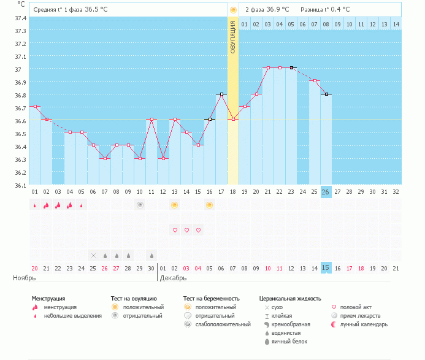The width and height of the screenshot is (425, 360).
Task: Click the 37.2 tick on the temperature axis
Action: [21, 44]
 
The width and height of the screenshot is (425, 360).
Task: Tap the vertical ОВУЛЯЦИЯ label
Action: [233, 37]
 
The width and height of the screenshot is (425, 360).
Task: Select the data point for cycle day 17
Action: [221, 94]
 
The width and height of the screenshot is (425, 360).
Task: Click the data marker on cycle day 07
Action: [105, 159]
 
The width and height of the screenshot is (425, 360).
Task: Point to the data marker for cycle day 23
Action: [291, 68]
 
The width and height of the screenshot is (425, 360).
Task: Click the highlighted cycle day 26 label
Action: [326, 192]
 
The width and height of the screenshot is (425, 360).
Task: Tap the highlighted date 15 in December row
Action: [326, 268]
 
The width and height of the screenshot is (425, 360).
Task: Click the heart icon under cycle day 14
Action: [186, 230]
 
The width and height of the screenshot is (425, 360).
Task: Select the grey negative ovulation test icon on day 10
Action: [140, 205]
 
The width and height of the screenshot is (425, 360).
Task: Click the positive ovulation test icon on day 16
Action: [209, 205]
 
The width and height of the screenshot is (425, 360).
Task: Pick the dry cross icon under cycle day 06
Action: [93, 255]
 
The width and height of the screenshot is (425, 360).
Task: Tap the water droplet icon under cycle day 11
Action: [152, 255]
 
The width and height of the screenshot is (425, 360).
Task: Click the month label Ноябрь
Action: [25, 278]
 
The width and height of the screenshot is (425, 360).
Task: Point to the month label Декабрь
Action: [173, 278]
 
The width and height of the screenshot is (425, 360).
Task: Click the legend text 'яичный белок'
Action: [289, 342]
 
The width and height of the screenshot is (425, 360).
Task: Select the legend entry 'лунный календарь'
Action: [364, 324]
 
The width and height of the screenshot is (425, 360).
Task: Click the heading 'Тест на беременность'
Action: [212, 299]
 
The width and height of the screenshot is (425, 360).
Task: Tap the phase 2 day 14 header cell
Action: [396, 25]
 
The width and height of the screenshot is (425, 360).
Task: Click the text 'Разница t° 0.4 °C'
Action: [325, 9]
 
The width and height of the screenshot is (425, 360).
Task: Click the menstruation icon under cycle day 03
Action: [58, 205]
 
